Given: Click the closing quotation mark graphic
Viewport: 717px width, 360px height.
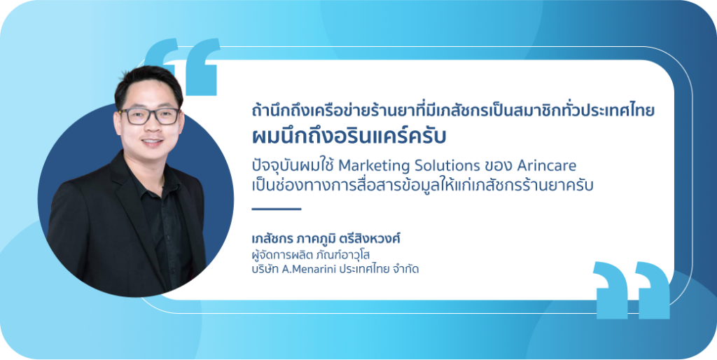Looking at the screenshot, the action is [x=631, y=290].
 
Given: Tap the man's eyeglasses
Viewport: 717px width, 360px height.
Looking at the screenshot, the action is [x=149, y=116].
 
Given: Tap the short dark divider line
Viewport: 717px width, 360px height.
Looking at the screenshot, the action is [x=277, y=209].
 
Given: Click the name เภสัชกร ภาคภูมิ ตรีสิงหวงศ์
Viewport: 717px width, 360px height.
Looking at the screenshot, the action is [x=326, y=239].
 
